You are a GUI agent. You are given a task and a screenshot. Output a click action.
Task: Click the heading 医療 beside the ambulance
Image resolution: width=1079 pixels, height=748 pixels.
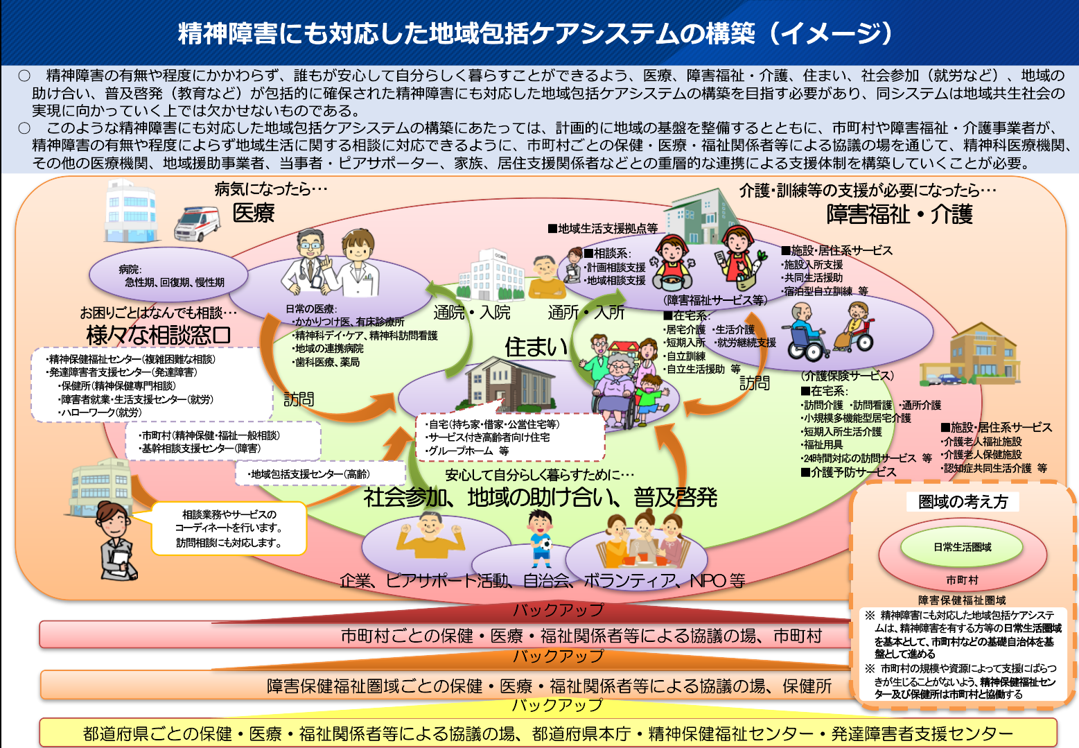coord(254,213)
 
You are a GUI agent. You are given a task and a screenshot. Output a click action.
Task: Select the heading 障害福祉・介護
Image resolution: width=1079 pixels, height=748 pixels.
coord(899,214)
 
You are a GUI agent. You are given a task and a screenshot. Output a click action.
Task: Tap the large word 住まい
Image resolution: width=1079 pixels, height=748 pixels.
coord(536,347)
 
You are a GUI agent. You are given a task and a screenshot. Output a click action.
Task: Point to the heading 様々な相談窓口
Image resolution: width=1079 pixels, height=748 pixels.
coord(159,335)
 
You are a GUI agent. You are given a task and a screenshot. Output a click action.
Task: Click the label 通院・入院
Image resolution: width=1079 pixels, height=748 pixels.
coord(472,313)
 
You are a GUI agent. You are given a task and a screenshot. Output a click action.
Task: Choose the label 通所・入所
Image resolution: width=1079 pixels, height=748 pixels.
coord(586,313)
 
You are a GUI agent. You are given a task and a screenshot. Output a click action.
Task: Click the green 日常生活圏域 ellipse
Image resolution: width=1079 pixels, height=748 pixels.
coord(962,547)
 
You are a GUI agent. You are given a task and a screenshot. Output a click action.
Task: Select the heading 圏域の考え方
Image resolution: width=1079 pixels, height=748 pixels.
coord(963,502)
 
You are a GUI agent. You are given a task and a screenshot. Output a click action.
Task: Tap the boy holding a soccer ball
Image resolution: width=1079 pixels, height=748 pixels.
coord(540,537)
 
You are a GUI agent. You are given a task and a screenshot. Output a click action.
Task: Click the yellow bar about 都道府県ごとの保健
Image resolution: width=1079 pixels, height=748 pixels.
coord(547,733)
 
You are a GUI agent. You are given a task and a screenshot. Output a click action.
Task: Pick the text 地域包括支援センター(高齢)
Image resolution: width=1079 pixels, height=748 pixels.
coord(310,474)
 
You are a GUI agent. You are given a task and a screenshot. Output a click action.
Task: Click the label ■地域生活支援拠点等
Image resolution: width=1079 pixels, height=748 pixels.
coord(602,228)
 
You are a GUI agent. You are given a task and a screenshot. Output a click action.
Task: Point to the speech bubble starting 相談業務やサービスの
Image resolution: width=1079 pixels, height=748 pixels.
coord(229,528)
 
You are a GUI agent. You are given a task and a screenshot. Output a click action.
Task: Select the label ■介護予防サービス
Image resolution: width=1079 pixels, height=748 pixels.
coord(848,472)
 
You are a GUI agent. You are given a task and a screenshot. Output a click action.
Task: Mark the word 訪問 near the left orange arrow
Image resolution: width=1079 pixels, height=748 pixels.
coord(299,399)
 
